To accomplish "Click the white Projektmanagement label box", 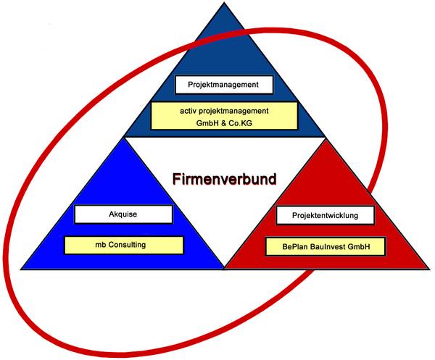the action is pos(224,85).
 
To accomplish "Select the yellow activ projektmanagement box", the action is pos(224,116).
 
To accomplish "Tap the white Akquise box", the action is pos(123,214).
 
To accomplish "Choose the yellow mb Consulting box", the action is pos(124,245).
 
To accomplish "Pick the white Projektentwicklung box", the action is pos(325,215).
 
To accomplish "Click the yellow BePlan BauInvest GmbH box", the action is pos(325,246).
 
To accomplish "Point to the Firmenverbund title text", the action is pos(224,179).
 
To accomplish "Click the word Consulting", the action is pos(127,245).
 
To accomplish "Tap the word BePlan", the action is pos(294,246).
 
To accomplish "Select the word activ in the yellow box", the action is pos(188,111).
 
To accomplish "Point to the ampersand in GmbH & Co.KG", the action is pos(223,123).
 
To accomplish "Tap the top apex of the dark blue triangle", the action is pos(224,2).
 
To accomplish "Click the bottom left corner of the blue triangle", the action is pos(21,269).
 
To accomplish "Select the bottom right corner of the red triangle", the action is pos(429,269).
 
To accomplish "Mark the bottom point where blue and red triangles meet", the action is pos(224,269).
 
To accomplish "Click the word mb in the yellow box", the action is pos(101,245).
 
